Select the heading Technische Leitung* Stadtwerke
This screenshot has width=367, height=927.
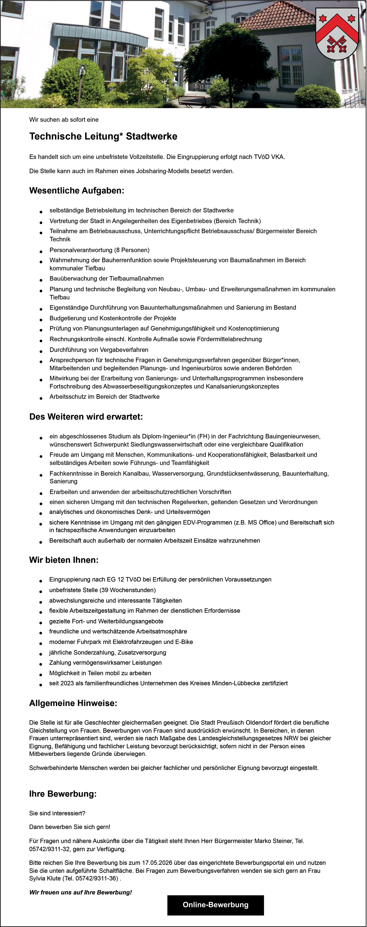point(103,136)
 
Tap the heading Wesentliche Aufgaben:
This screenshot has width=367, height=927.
point(77,191)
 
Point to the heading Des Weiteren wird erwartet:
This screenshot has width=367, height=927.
point(86,417)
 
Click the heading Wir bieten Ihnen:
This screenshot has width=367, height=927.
point(64,560)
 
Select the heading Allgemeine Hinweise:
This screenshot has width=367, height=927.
point(73,703)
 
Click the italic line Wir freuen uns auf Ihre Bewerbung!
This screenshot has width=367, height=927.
point(81,893)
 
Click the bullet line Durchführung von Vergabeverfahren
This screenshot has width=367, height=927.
point(99,350)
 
